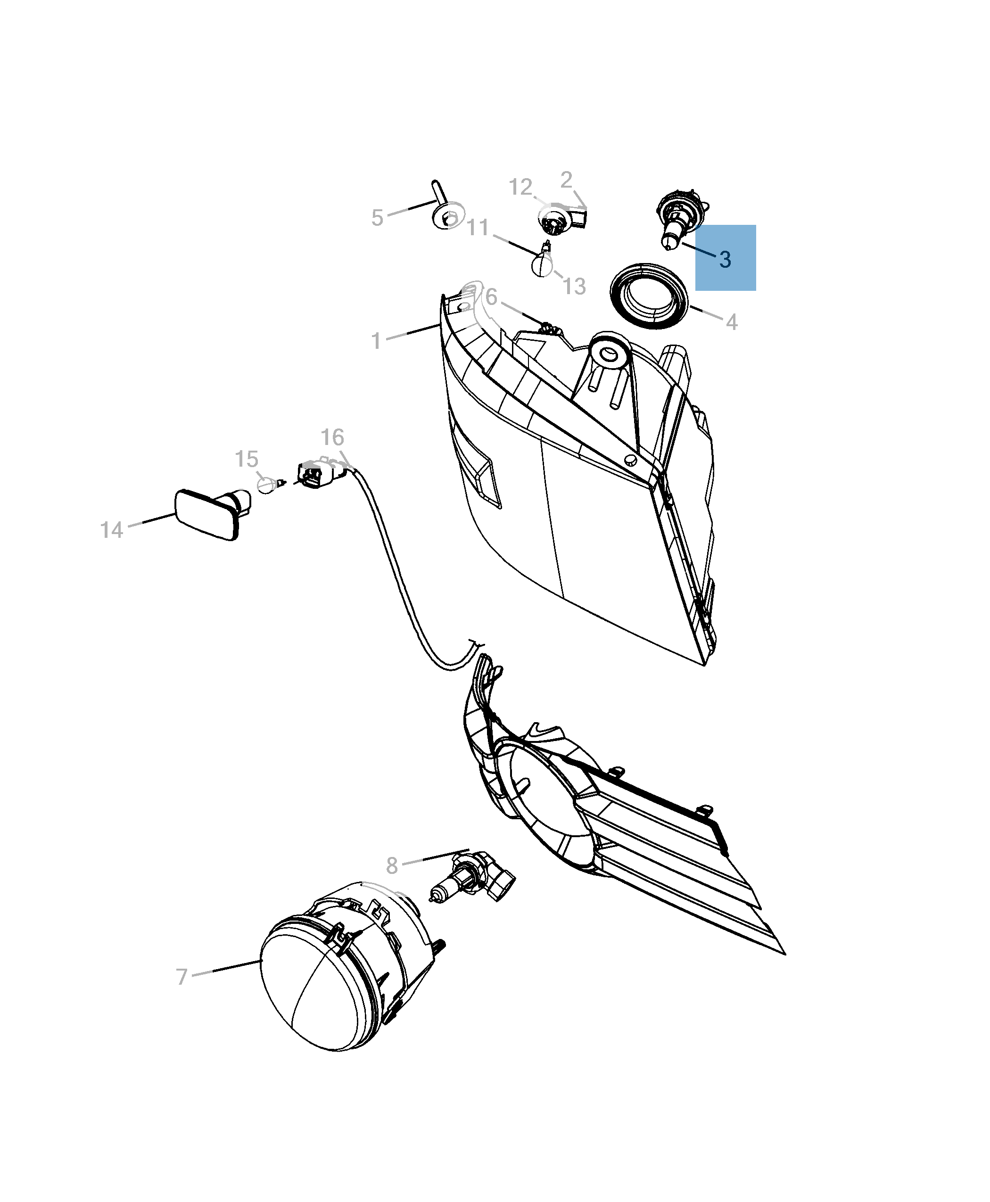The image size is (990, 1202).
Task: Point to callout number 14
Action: coord(111,530)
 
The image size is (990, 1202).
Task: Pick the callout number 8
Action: coord(391,881)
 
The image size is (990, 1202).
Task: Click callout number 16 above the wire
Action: coord(332,438)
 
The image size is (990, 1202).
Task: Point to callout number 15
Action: coord(247,459)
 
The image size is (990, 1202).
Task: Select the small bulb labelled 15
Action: coord(266,485)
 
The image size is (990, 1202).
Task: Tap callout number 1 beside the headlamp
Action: coord(376,341)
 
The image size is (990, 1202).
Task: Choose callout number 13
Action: coord(574,286)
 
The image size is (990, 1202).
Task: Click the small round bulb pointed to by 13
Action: coord(542,265)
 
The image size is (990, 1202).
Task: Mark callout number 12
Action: coord(520,187)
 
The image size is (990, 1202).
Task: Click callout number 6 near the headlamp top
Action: coord(491,296)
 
